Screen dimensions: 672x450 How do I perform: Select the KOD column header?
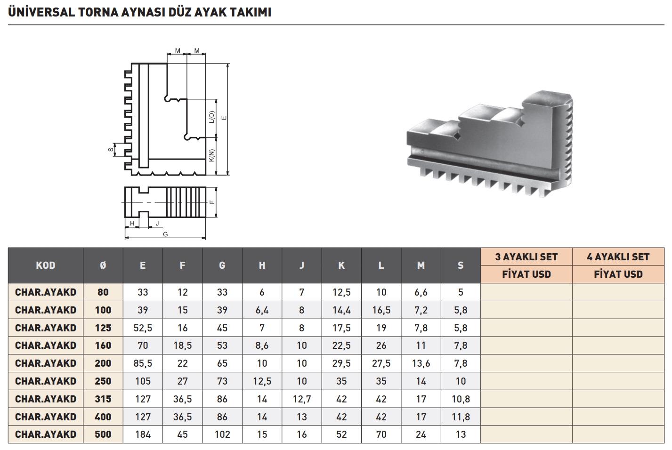(46, 265)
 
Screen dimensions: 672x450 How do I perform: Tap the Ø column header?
(103, 265)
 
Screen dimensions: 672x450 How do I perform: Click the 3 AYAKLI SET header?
(526, 257)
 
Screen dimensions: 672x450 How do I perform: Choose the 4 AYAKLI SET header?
(618, 257)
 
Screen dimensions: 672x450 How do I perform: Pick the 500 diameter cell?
(103, 434)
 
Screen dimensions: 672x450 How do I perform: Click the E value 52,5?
(143, 328)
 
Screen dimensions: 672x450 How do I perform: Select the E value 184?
(143, 434)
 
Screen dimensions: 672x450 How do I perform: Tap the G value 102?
(222, 434)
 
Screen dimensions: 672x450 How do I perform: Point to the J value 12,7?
(302, 399)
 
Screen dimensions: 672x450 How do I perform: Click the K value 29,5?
(341, 363)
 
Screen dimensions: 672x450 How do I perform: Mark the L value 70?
(381, 434)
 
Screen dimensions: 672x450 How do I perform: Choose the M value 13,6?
(421, 363)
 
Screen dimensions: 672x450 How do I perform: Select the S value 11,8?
(461, 417)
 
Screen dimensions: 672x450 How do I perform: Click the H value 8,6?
(262, 346)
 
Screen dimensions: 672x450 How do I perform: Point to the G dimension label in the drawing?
(165, 234)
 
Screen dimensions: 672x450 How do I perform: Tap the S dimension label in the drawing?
(111, 150)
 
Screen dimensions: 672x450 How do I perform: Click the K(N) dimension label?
(212, 156)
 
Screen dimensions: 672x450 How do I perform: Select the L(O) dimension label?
(212, 117)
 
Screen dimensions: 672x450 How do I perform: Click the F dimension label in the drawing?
(212, 202)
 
